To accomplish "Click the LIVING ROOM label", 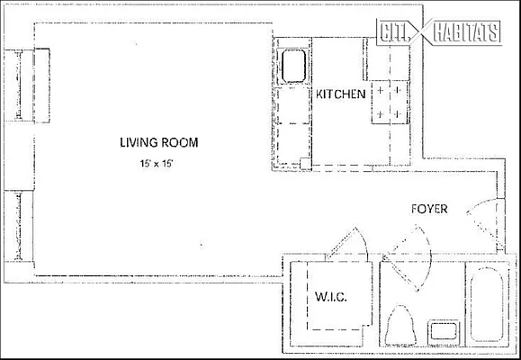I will tap(159, 142).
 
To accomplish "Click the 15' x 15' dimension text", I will tap(157, 164).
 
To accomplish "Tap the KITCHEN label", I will tap(339, 94).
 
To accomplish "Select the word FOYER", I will tap(429, 209).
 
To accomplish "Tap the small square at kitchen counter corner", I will tap(305, 163).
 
